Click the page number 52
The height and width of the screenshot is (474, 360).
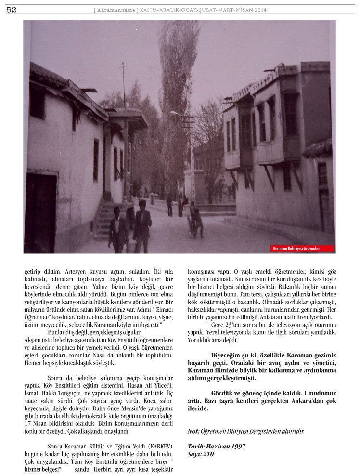click(11, 10)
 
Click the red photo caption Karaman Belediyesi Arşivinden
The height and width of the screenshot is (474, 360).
click(302, 249)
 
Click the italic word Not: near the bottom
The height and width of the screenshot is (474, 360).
click(193, 431)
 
